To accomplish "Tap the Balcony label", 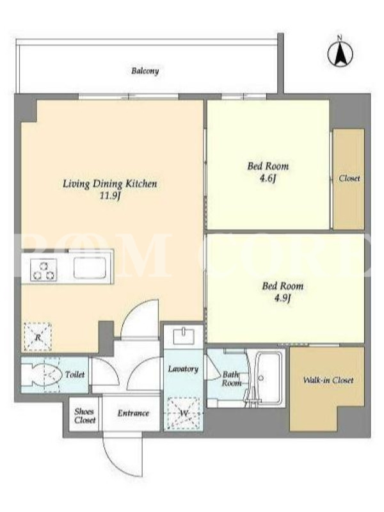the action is click(145, 71).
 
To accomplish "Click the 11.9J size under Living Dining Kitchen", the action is click(110, 196).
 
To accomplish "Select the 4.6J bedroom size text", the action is click(268, 179).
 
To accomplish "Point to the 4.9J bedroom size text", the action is click(282, 298).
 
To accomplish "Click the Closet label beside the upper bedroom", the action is click(349, 179).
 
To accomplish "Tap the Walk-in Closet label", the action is click(328, 380).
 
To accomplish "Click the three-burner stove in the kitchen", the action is click(44, 269).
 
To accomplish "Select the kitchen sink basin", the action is click(90, 268).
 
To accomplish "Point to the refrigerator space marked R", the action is click(38, 337).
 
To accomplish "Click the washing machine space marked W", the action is click(183, 413).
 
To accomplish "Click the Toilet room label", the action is click(75, 374).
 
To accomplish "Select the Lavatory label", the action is click(183, 369).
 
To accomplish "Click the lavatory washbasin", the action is click(183, 337).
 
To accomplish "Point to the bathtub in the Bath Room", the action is click(268, 379).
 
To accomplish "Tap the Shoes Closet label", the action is click(85, 415).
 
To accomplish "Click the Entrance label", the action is click(133, 413).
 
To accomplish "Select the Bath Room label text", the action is click(232, 379).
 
